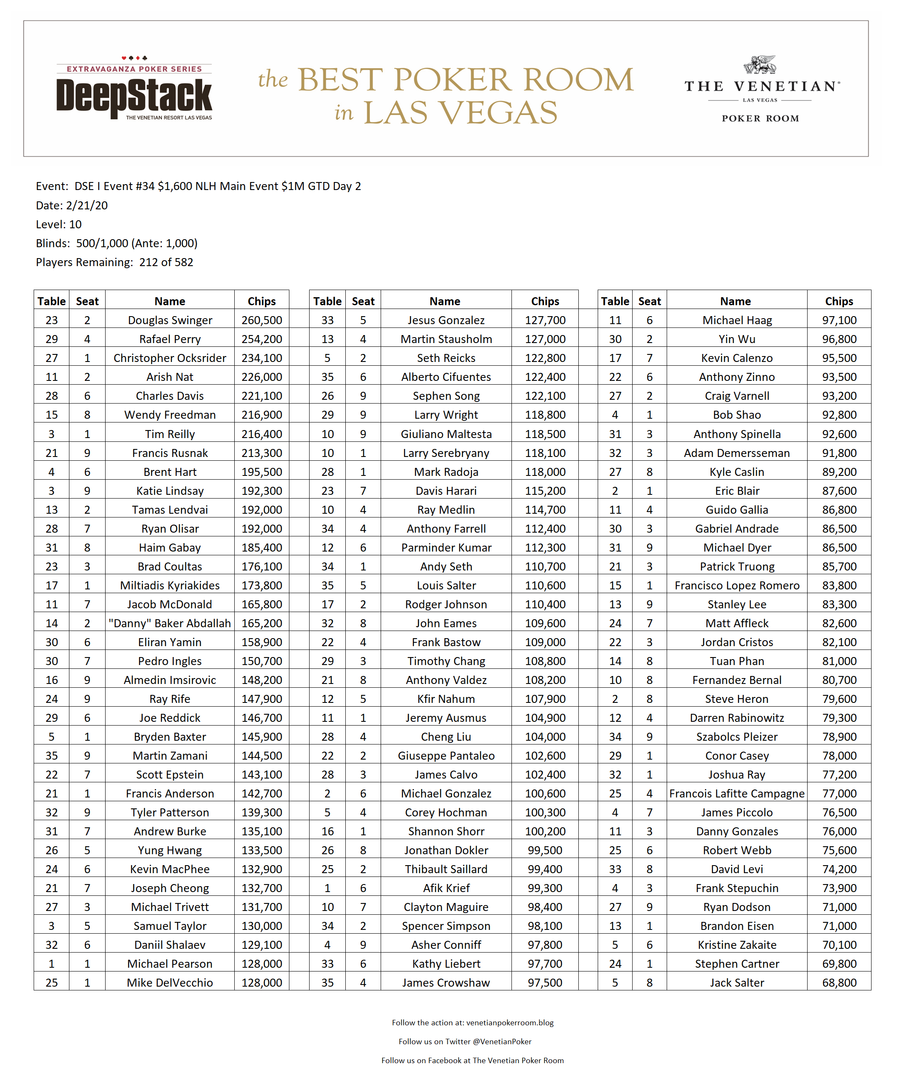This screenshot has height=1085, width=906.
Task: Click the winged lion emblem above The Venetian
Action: point(760,65)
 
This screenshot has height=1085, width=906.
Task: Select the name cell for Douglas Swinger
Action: point(170,320)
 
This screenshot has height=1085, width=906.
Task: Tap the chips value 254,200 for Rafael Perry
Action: point(262,339)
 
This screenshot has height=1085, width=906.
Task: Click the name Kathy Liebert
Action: point(446,964)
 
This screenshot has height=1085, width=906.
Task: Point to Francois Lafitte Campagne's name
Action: point(736,794)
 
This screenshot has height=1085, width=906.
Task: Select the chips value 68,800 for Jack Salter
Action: point(839,983)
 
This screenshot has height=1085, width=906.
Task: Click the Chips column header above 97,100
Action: point(838,301)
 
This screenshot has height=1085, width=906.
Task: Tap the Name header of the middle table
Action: point(445,301)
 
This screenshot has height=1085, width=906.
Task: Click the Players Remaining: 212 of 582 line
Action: point(114,262)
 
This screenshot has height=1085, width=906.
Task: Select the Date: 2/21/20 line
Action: point(72,206)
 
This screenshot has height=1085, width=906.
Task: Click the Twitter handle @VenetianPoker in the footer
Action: point(501,1042)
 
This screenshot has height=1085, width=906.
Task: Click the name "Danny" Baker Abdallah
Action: point(170,623)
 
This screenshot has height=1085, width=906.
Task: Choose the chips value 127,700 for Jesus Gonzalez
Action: point(545,320)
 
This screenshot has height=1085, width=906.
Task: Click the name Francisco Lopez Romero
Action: point(736,586)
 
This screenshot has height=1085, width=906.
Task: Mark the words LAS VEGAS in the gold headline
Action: point(460,113)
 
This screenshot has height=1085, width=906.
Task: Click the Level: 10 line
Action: point(58,224)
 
